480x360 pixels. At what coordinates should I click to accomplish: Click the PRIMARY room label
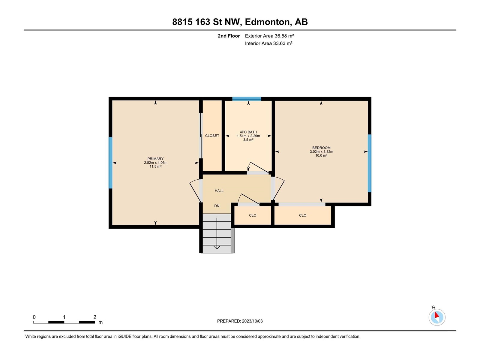coord(155,159)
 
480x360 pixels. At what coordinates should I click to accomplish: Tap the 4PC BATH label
coord(248,132)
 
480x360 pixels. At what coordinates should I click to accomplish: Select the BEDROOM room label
coord(321,148)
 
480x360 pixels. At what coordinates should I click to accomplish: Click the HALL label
coord(219,191)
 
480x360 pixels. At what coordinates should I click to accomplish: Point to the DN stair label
coord(217,206)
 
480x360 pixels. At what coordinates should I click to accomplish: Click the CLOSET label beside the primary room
coord(212,136)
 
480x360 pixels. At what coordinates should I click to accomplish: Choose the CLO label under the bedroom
coord(303,215)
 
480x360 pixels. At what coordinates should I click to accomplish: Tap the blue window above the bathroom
coord(247,99)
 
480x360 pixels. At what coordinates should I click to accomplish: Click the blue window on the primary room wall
coord(110,163)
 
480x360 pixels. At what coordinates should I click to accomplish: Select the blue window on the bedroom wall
coord(370,163)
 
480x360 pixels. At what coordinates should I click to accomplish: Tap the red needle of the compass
coord(436,315)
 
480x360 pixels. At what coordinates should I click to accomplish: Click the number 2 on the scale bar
coord(95,317)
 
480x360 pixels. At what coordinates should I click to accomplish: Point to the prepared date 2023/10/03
coord(252,321)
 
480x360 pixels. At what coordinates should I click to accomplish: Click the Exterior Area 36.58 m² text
coord(269,36)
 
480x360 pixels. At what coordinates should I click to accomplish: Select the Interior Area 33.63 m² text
coord(268,43)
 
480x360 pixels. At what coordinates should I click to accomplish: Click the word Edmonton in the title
coord(267,22)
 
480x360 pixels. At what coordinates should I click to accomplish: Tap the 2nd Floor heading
coord(229,36)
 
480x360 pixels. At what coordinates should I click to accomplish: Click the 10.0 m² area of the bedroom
coord(321,155)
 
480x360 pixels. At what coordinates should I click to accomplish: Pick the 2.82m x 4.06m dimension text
coord(155,163)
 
